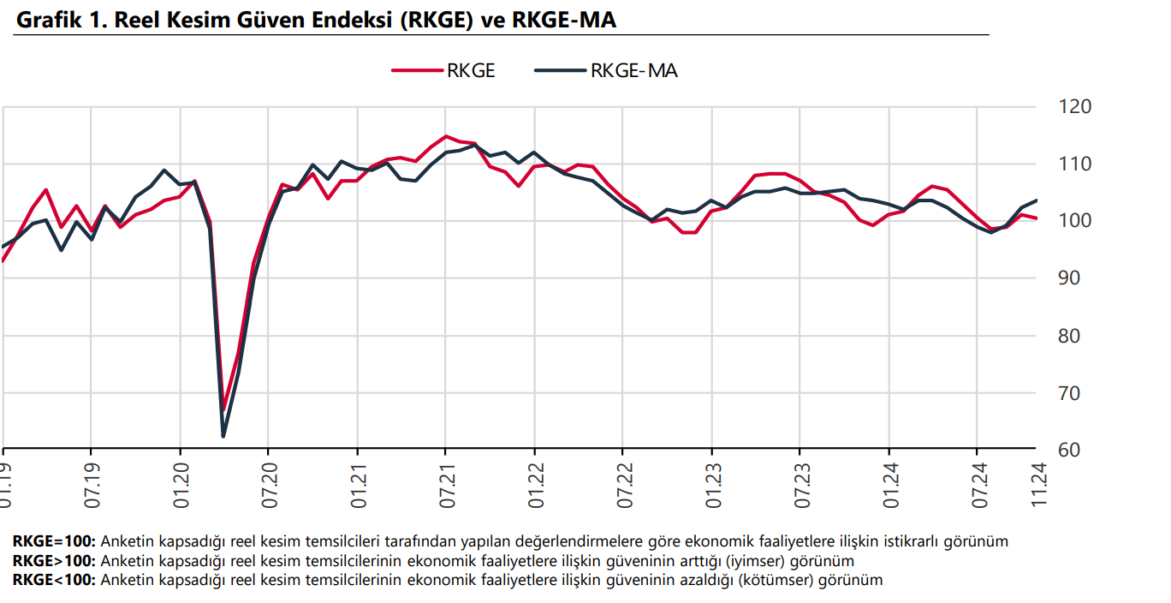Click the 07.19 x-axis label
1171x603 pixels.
pyautogui.click(x=92, y=487)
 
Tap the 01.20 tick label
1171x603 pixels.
pyautogui.click(x=181, y=487)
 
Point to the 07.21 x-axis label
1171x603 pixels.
pyautogui.click(x=446, y=487)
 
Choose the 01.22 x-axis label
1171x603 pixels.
pyautogui.click(x=535, y=487)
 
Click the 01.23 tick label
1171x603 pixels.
pyautogui.click(x=712, y=487)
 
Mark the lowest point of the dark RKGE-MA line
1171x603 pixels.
pyautogui.click(x=223, y=436)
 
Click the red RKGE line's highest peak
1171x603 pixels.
pyautogui.click(x=445, y=136)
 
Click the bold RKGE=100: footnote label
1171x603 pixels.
pyautogui.click(x=55, y=541)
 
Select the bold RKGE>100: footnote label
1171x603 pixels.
pyautogui.click(x=55, y=561)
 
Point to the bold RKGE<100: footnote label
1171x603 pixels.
pyautogui.click(x=55, y=580)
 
